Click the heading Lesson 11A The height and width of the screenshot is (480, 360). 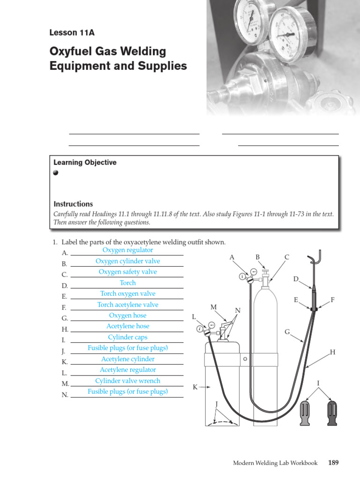[x=72, y=33]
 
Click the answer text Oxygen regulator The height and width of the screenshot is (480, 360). [x=127, y=250]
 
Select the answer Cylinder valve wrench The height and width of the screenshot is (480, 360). [x=127, y=381]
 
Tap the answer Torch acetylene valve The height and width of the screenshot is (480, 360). [x=127, y=305]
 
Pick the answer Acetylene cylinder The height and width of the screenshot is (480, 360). [x=127, y=359]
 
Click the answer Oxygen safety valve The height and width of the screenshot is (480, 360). [x=127, y=272]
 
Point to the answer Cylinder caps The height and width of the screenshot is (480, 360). [x=127, y=337]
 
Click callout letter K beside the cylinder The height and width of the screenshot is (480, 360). [x=195, y=387]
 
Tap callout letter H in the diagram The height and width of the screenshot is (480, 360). [x=332, y=352]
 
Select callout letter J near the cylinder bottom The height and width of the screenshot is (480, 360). [x=217, y=404]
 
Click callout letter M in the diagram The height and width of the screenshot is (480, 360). [x=214, y=307]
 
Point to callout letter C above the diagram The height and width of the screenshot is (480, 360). [x=287, y=257]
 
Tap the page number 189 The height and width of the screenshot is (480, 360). [x=333, y=463]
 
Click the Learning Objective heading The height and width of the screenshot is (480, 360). [x=85, y=163]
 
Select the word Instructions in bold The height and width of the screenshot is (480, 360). [x=73, y=204]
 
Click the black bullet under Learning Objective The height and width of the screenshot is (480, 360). [x=56, y=172]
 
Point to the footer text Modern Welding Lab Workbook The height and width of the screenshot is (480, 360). [x=275, y=463]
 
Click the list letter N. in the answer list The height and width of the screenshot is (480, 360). [x=65, y=395]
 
